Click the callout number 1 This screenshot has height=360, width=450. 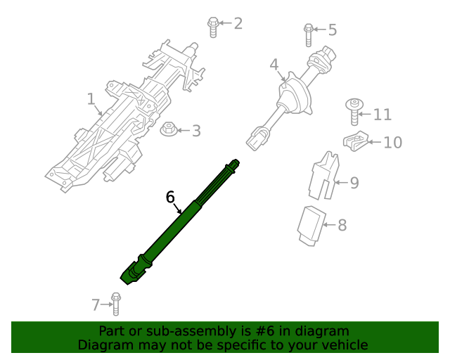tap(91, 101)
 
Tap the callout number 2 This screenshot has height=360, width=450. tap(238, 23)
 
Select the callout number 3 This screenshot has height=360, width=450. tap(196, 131)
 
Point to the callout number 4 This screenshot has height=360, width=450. tap(274, 65)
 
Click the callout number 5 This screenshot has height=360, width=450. tap(332, 30)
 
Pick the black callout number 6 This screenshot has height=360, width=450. tap(170, 197)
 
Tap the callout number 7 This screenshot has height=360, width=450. tap(96, 304)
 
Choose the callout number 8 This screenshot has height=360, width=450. tap(342, 225)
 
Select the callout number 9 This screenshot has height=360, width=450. tap(354, 183)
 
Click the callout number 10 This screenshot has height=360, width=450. tap(392, 143)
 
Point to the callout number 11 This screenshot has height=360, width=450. tap(382, 115)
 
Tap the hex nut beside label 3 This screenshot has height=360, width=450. tap(168, 130)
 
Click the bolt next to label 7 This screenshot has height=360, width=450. tap(117, 304)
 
